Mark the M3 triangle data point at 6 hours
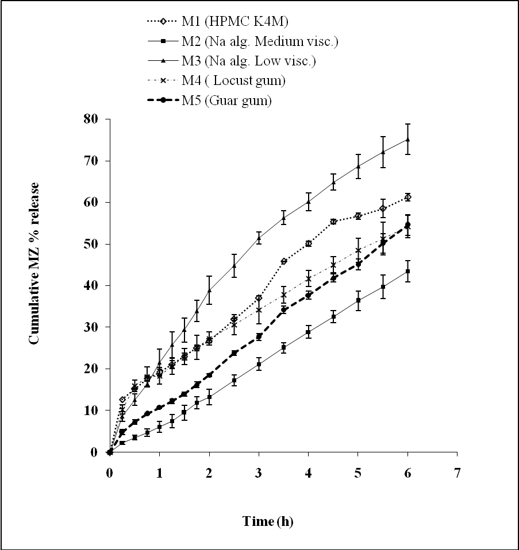[x=407, y=139]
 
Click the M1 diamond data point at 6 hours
[x=407, y=197]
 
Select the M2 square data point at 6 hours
[x=407, y=271]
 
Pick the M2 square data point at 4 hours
[x=309, y=332]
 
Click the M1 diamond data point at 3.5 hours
[x=284, y=261]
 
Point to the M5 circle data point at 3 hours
[x=259, y=336]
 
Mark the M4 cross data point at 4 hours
[x=309, y=278]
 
